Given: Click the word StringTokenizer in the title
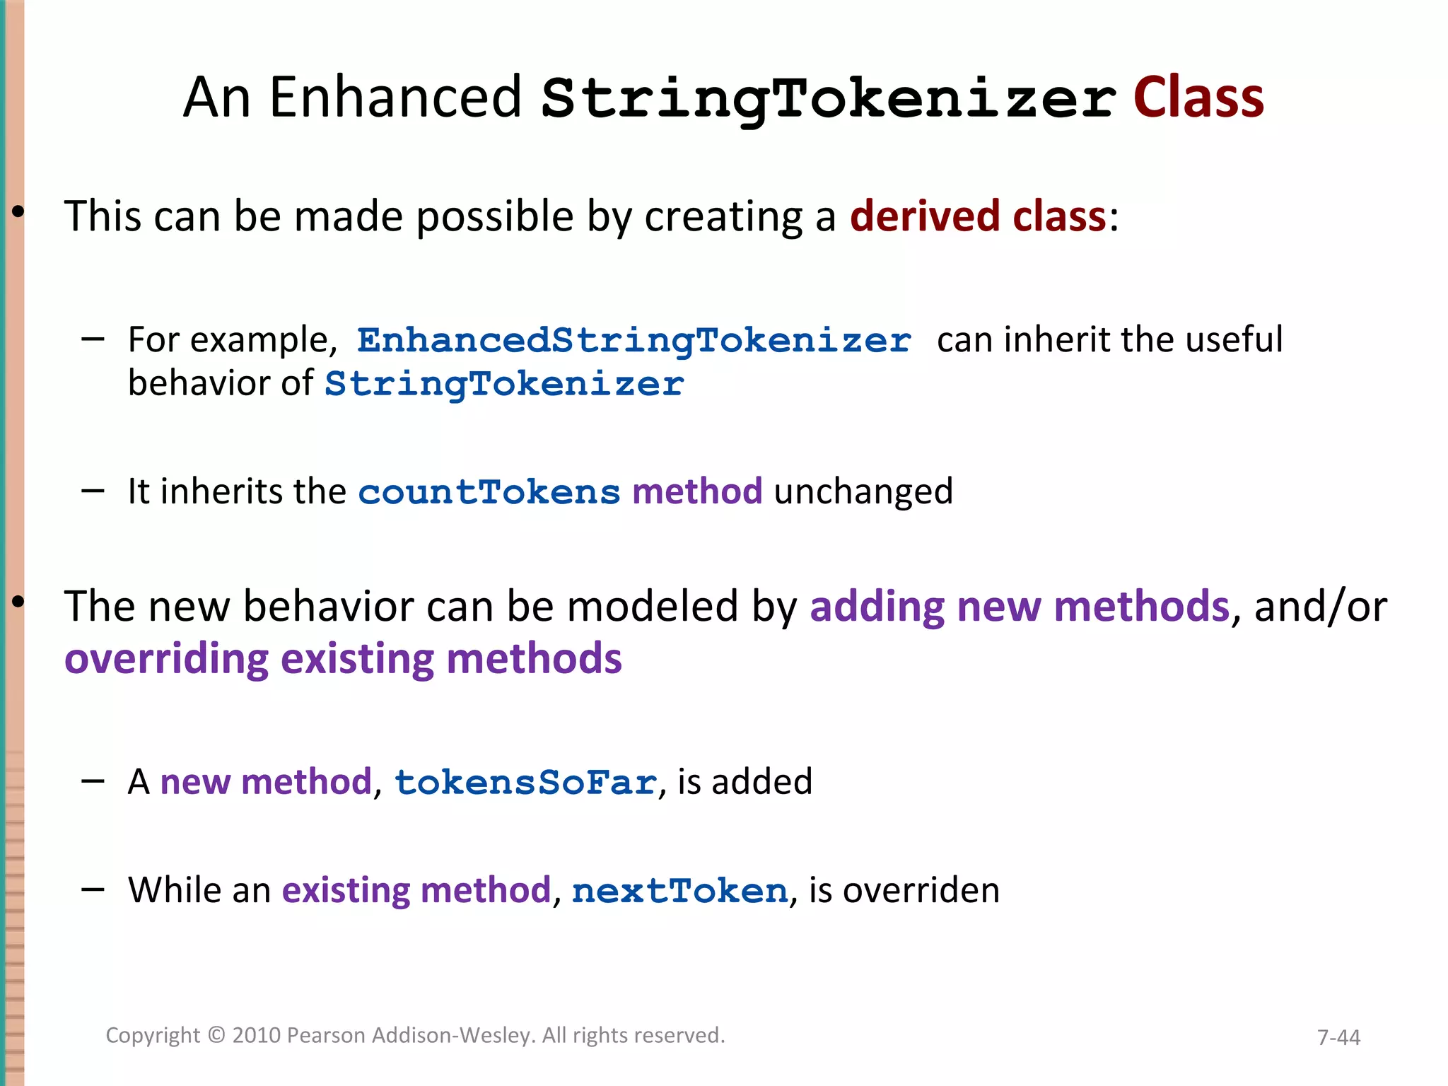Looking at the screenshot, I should click(x=829, y=99).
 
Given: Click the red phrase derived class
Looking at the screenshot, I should click(x=977, y=216).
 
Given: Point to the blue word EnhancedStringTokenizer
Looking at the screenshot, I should click(x=633, y=340).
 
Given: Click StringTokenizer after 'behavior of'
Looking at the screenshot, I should click(x=504, y=384).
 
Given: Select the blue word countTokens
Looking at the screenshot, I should click(x=489, y=492).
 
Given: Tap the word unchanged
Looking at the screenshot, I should click(x=863, y=491).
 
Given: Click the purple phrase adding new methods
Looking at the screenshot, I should click(x=1020, y=607).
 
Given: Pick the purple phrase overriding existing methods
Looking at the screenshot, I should click(x=343, y=659).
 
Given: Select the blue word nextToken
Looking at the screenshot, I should click(x=679, y=891).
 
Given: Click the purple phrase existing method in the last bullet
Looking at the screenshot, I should click(x=416, y=890).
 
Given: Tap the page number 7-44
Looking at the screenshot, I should click(x=1338, y=1037).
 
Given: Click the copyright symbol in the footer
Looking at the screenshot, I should click(x=216, y=1036).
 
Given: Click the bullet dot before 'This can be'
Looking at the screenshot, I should click(x=18, y=211).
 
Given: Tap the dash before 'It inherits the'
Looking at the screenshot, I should click(x=93, y=491).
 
